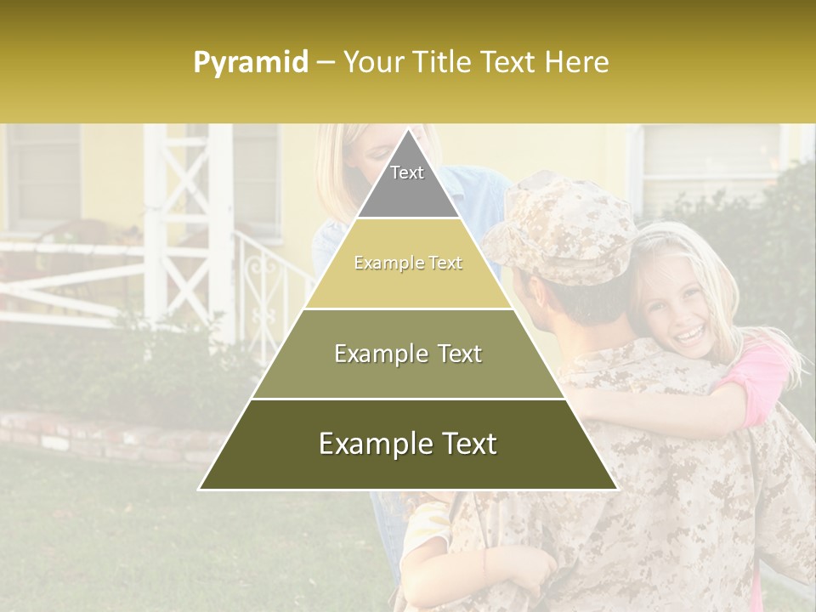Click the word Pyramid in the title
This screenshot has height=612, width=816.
(251, 63)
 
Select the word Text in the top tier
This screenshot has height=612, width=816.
(407, 173)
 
